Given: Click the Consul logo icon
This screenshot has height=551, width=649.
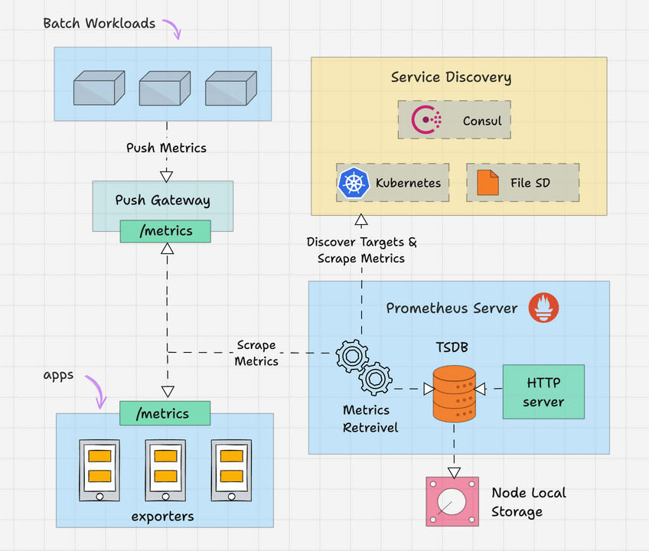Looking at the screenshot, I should click(x=426, y=120).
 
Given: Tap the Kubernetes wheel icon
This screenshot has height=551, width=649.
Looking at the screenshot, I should click(x=353, y=183).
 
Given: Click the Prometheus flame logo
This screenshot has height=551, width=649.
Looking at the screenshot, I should click(x=543, y=308).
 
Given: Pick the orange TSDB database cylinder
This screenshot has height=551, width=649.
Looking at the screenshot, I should click(x=454, y=393).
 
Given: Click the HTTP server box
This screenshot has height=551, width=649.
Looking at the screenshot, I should click(x=543, y=391).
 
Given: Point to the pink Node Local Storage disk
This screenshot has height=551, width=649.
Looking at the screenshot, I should click(x=452, y=500).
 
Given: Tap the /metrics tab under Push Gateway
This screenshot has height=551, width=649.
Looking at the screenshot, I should click(x=166, y=231).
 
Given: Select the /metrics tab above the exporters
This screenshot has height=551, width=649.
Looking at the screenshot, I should click(x=165, y=413).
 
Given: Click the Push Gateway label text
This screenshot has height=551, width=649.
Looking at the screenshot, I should click(x=162, y=201).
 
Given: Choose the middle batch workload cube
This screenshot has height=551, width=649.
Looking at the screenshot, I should click(x=164, y=88).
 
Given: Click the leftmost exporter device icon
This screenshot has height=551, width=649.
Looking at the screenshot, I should click(x=99, y=469).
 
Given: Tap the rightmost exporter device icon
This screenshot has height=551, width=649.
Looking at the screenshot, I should click(x=231, y=469).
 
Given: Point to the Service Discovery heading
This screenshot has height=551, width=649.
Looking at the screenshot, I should click(x=451, y=77).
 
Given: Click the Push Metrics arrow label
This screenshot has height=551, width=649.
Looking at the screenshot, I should click(x=166, y=148).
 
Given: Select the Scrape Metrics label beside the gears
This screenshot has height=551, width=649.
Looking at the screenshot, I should click(x=256, y=353).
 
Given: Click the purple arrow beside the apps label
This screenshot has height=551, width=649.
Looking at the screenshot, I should click(x=96, y=390).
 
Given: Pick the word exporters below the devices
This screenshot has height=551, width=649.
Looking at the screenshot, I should click(x=162, y=516).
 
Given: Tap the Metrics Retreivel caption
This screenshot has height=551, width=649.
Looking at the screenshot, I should click(x=370, y=419).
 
